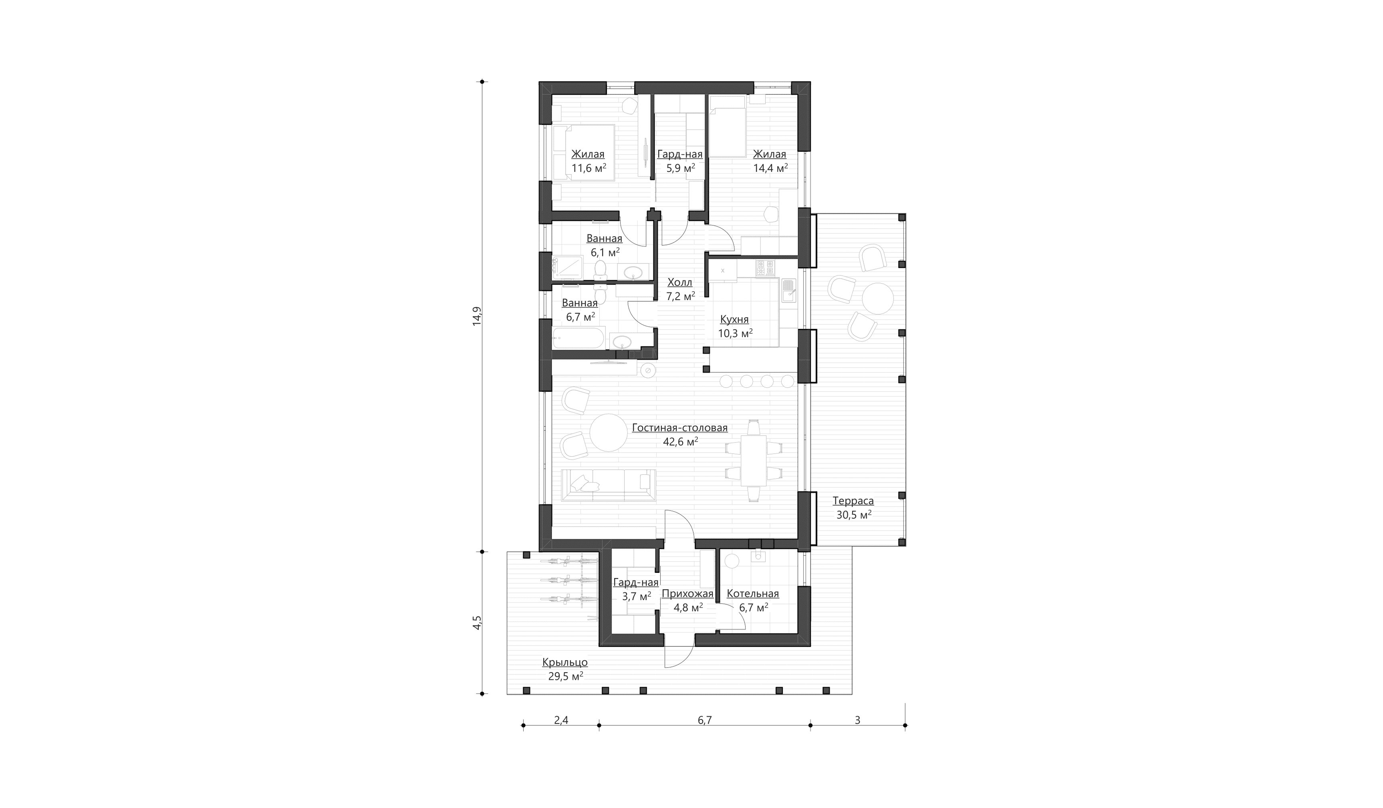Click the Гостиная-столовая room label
pos(679,427)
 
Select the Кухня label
pos(734,319)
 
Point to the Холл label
pos(680,282)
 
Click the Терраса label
pos(853,501)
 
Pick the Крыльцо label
pos(565,663)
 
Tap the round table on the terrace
pos(877,298)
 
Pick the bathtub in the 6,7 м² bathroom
pos(579,338)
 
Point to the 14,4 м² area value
pos(770,168)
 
